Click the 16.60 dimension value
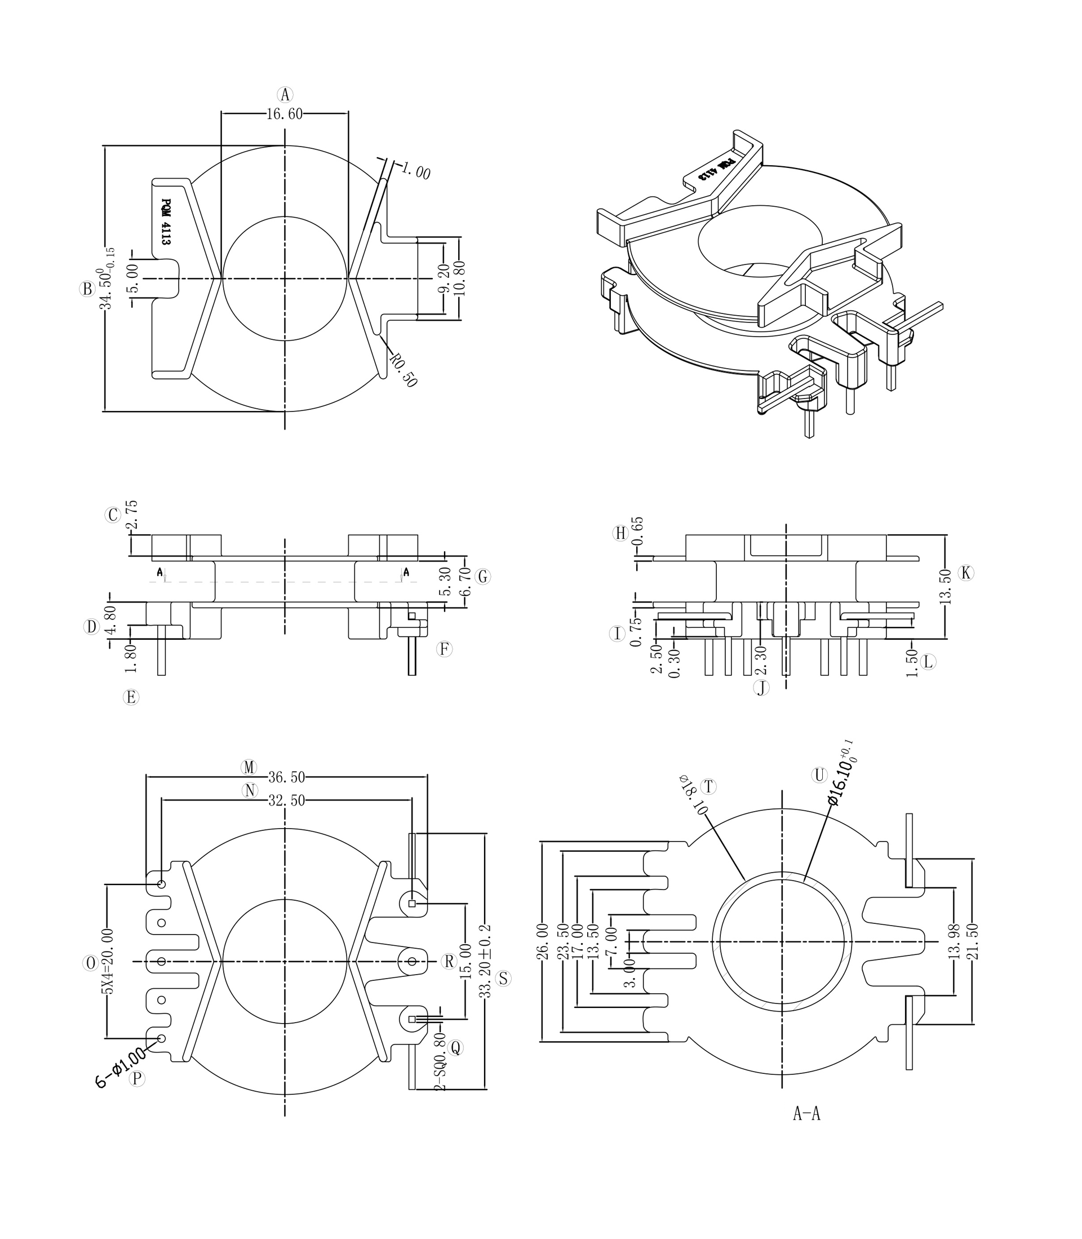(x=285, y=114)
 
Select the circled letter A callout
(x=285, y=95)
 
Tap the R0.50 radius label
(x=403, y=370)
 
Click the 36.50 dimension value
(x=287, y=777)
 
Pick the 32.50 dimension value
(x=287, y=800)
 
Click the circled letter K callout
(x=966, y=573)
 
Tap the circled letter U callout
(x=819, y=775)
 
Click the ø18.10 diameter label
(x=693, y=796)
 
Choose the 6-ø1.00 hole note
(x=120, y=1068)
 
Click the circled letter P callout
(x=138, y=1079)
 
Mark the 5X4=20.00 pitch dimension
(x=107, y=961)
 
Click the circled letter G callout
(x=483, y=577)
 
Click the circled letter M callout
(x=249, y=767)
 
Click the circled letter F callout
(x=445, y=649)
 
